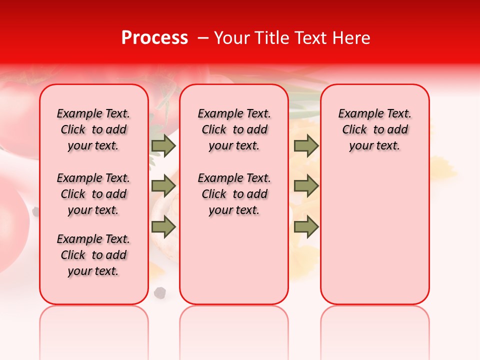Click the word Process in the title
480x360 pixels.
coord(154,38)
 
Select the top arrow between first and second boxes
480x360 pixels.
coord(163,145)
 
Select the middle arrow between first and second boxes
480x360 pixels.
coord(163,186)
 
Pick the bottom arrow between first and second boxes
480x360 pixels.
coord(163,227)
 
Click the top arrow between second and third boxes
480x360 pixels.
coord(306,145)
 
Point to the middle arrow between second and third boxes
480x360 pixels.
coord(306,186)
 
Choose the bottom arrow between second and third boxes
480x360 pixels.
coord(306,227)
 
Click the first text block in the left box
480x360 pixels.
coord(93,129)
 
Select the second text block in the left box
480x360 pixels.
coord(93,194)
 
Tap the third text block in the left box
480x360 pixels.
coord(93,255)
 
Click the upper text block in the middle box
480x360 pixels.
coord(234,129)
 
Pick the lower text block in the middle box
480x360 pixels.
coord(234,194)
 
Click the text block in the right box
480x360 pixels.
coord(374,129)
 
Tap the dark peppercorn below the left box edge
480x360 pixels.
coord(160,292)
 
